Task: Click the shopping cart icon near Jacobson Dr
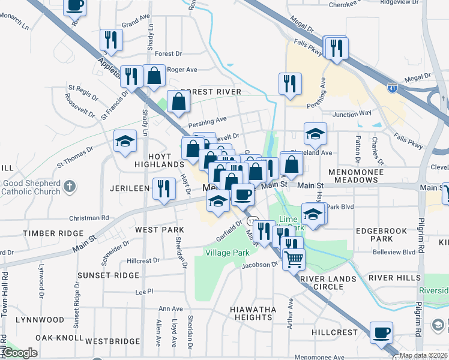(x=294, y=259)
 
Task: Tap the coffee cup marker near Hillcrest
(x=381, y=332)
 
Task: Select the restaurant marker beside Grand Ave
(x=111, y=39)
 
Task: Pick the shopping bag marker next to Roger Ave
(x=154, y=76)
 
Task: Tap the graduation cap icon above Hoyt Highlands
(x=124, y=141)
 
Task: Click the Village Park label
(x=227, y=253)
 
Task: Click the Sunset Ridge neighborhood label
(x=108, y=275)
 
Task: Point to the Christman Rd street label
(x=88, y=218)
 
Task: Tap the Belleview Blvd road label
(x=394, y=253)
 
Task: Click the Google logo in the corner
(x=20, y=353)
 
